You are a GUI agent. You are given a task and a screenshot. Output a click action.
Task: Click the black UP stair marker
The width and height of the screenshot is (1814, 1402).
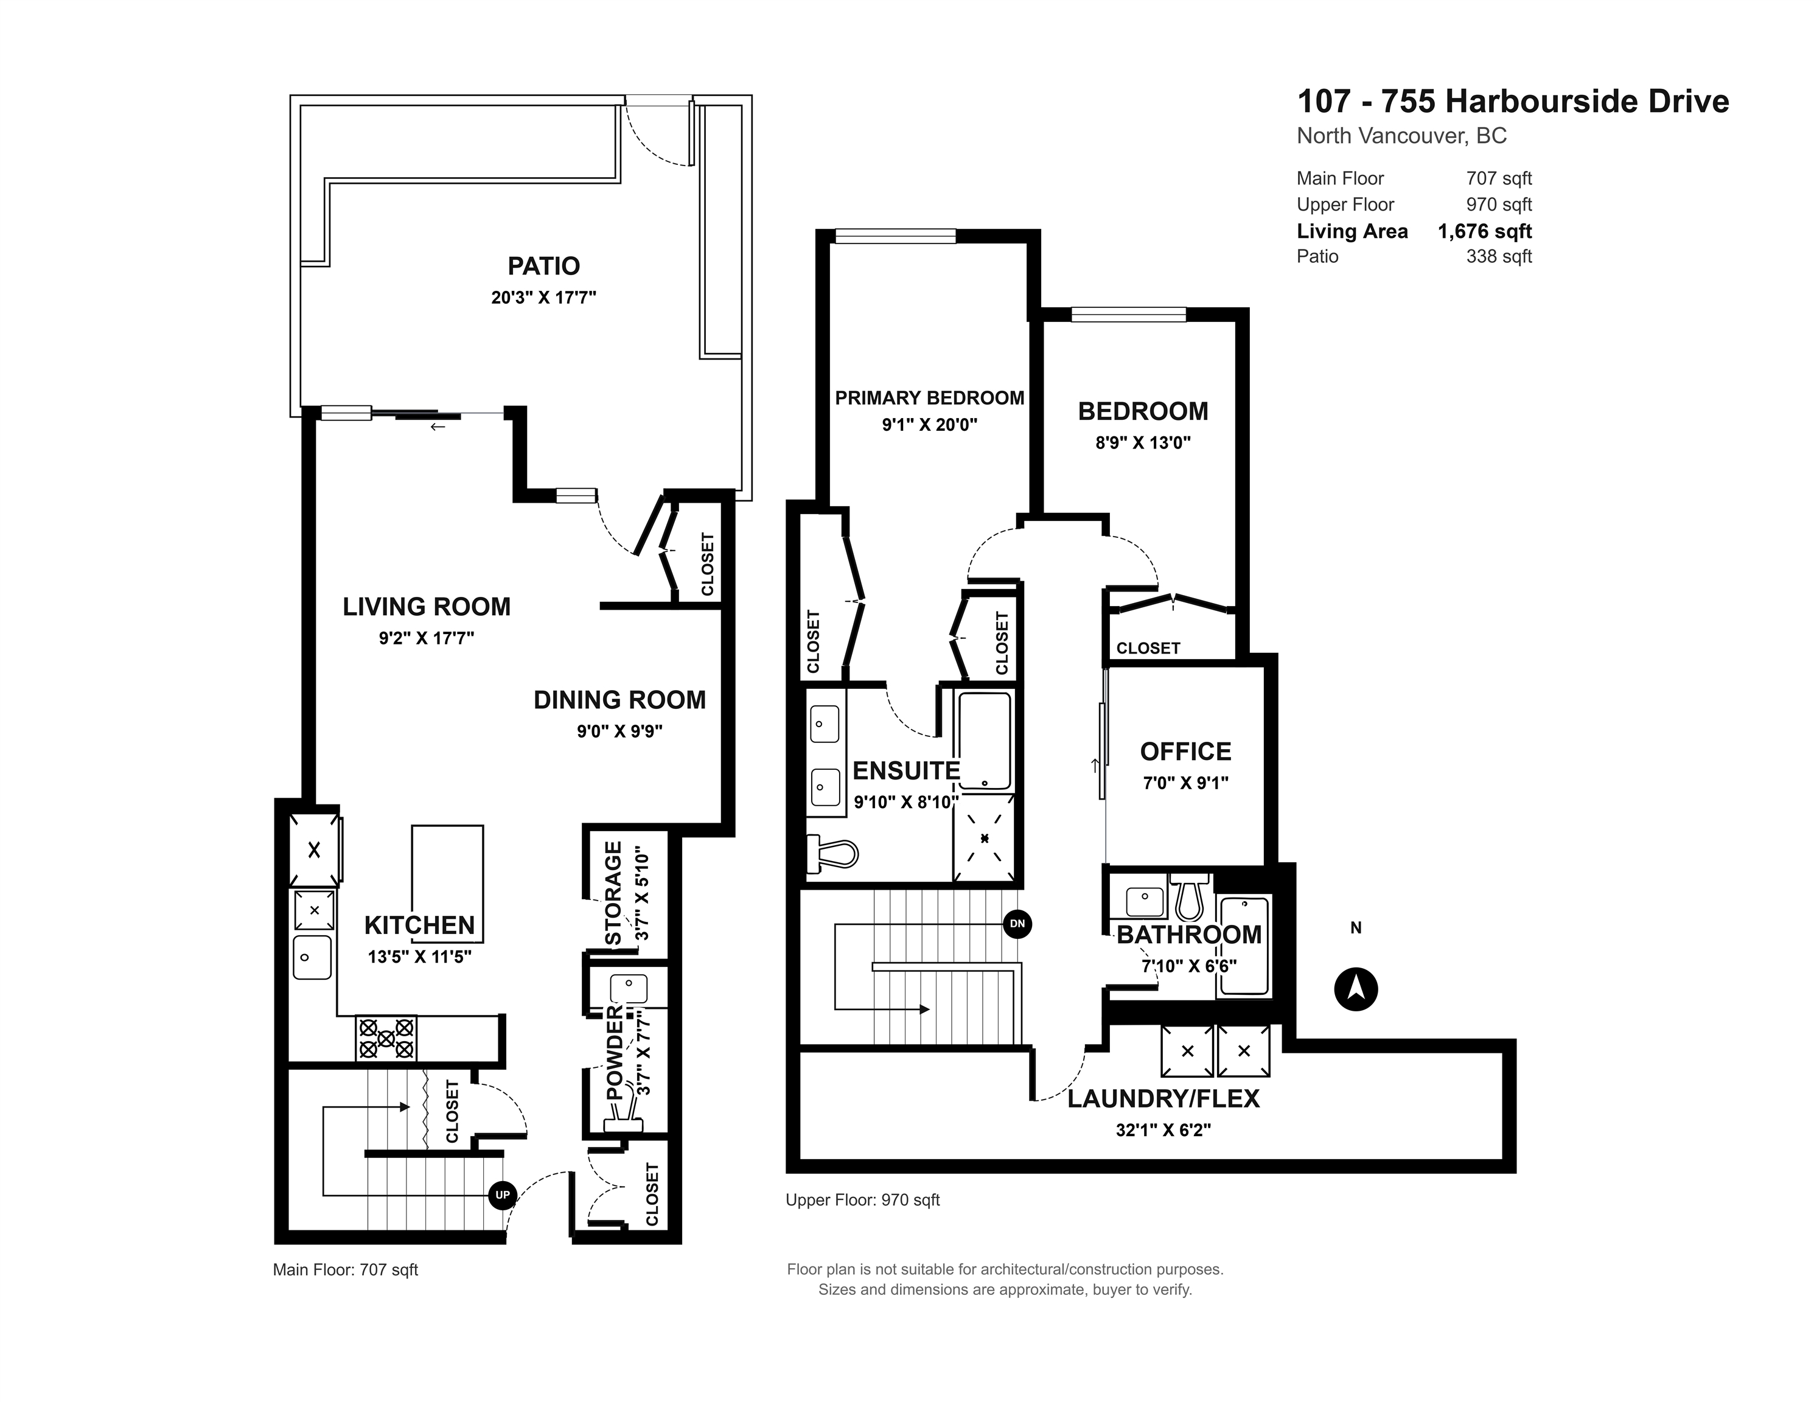(503, 1195)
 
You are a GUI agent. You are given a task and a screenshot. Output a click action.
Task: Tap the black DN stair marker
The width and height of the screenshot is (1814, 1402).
(1017, 924)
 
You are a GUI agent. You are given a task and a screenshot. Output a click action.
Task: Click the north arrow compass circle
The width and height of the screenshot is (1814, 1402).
(1356, 989)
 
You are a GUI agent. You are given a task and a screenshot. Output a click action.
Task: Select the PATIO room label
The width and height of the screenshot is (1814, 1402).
(544, 266)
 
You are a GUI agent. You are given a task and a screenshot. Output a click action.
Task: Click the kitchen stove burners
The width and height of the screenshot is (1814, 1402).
(386, 1038)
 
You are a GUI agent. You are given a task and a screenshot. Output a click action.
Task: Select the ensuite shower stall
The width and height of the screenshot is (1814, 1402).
(984, 837)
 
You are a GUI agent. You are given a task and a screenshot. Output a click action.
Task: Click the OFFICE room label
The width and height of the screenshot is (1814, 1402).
(1185, 752)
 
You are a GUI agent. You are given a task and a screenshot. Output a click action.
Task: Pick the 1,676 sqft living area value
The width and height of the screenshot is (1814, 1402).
(1485, 232)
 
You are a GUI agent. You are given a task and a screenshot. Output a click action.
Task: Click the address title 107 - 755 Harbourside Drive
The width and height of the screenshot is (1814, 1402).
(1513, 102)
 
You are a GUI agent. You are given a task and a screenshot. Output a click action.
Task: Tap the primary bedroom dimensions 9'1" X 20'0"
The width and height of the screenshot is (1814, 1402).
(929, 424)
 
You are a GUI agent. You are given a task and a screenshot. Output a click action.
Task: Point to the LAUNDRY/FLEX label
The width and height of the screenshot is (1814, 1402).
(1163, 1099)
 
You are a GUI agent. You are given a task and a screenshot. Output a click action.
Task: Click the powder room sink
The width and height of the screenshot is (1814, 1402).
(629, 988)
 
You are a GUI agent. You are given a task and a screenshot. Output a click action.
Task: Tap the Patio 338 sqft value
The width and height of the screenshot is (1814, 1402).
(1499, 257)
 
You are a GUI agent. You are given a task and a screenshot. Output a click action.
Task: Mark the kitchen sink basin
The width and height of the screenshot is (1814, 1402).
(312, 958)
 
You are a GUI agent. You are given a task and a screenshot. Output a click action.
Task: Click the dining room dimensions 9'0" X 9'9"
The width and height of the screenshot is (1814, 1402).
(619, 732)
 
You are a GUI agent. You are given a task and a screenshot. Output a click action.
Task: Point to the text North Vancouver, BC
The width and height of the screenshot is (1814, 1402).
(1402, 136)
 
